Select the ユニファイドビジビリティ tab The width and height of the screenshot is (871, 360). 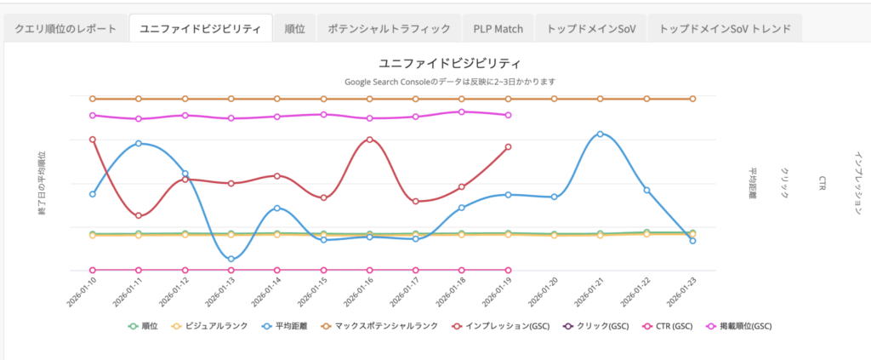point(201,29)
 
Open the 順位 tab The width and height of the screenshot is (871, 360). point(295,29)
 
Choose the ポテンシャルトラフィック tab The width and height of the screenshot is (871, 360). point(389,29)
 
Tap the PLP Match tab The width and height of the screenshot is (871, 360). point(498,29)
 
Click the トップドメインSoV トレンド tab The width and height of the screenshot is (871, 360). point(725,29)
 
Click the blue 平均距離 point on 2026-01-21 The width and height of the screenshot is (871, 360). point(601,134)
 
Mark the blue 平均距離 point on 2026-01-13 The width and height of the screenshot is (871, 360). point(231,259)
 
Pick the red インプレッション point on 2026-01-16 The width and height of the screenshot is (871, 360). point(369,140)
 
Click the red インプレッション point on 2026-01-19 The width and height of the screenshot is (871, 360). point(508,147)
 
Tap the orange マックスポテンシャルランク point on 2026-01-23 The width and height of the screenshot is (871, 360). point(692,99)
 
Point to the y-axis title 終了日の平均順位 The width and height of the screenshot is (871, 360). point(42,183)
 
